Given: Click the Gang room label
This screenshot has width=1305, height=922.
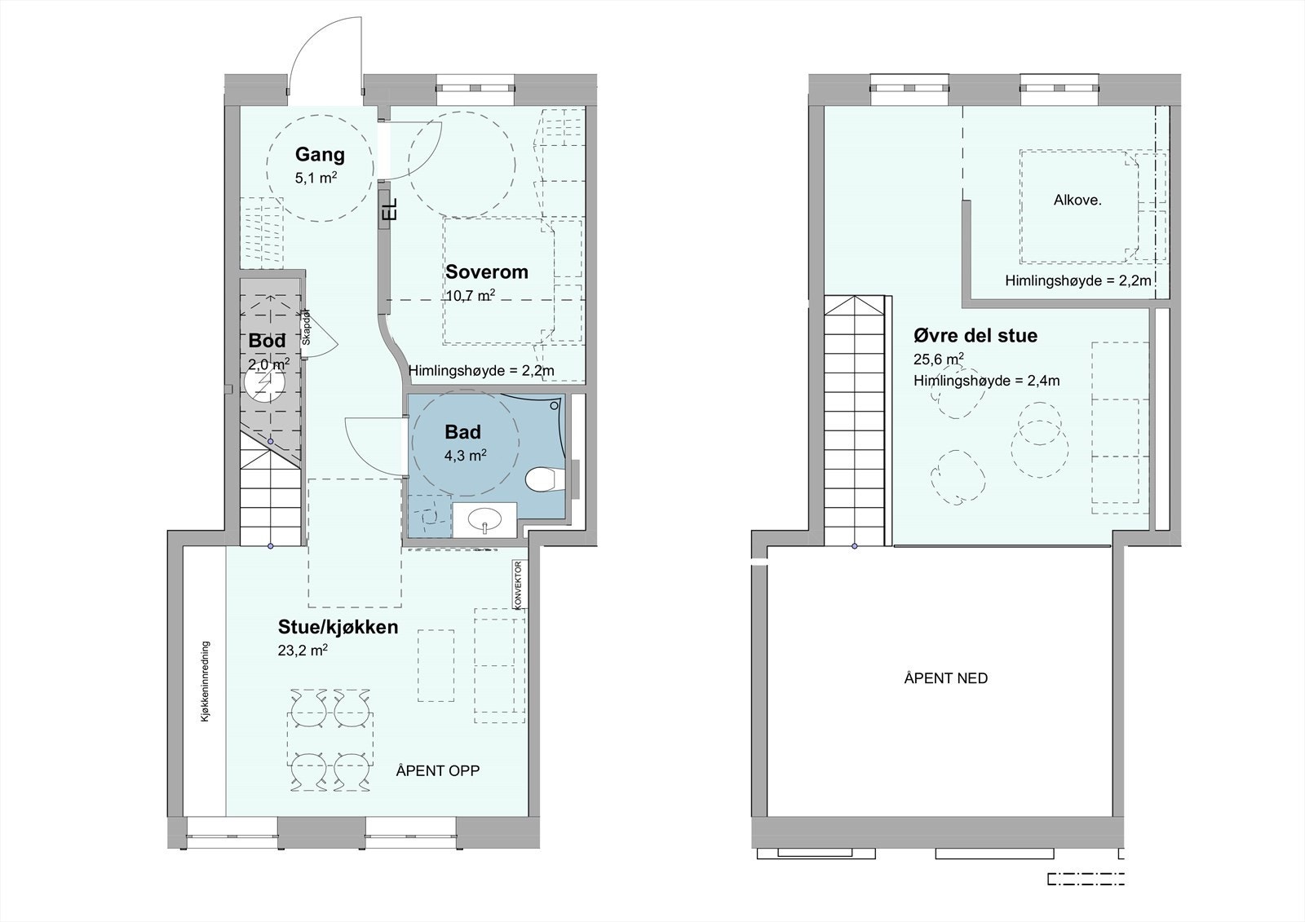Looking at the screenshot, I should (320, 154).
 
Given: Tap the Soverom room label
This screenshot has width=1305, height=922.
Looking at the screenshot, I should (486, 271).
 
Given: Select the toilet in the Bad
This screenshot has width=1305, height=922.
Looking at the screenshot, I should (541, 479).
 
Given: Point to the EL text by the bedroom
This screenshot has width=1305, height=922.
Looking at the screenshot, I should (390, 209).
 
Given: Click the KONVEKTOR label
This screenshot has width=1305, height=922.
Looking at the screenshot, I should (518, 584).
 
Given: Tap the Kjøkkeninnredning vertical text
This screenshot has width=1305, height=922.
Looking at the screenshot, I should (206, 681).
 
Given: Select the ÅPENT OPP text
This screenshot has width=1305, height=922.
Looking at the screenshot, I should (437, 770).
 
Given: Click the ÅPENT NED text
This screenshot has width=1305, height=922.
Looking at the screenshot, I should (945, 678).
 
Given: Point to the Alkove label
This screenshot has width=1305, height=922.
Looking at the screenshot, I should (1077, 200).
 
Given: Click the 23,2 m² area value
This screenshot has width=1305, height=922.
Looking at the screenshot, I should (303, 651).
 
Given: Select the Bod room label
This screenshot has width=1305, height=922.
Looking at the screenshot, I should (267, 340).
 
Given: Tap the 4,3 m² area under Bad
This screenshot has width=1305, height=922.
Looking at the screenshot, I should (465, 456).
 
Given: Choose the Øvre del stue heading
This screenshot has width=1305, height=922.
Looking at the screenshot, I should (975, 335).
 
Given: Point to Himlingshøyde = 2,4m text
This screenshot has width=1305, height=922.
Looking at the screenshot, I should (986, 381).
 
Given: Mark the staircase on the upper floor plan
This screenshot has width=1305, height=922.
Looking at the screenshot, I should (854, 424).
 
